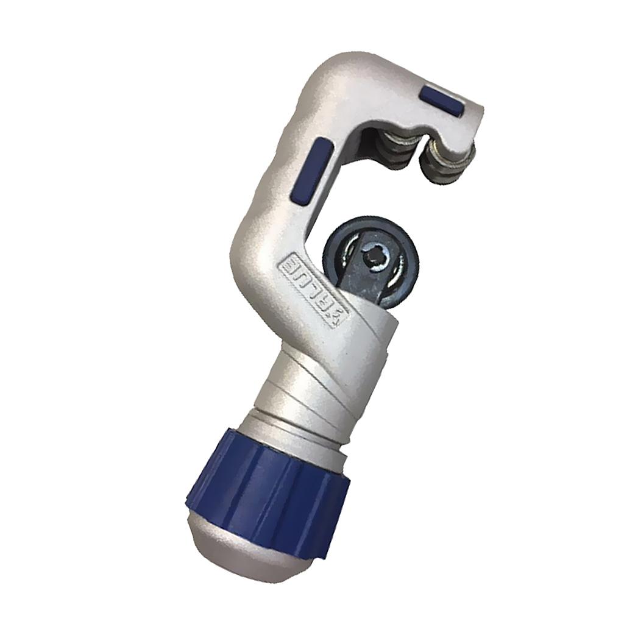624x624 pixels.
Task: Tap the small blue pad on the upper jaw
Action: click(442, 98)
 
